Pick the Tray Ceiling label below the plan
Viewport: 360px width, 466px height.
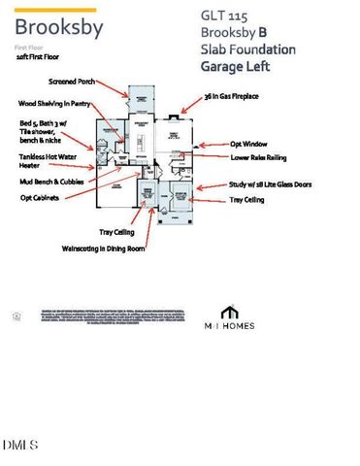pos(119,232)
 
